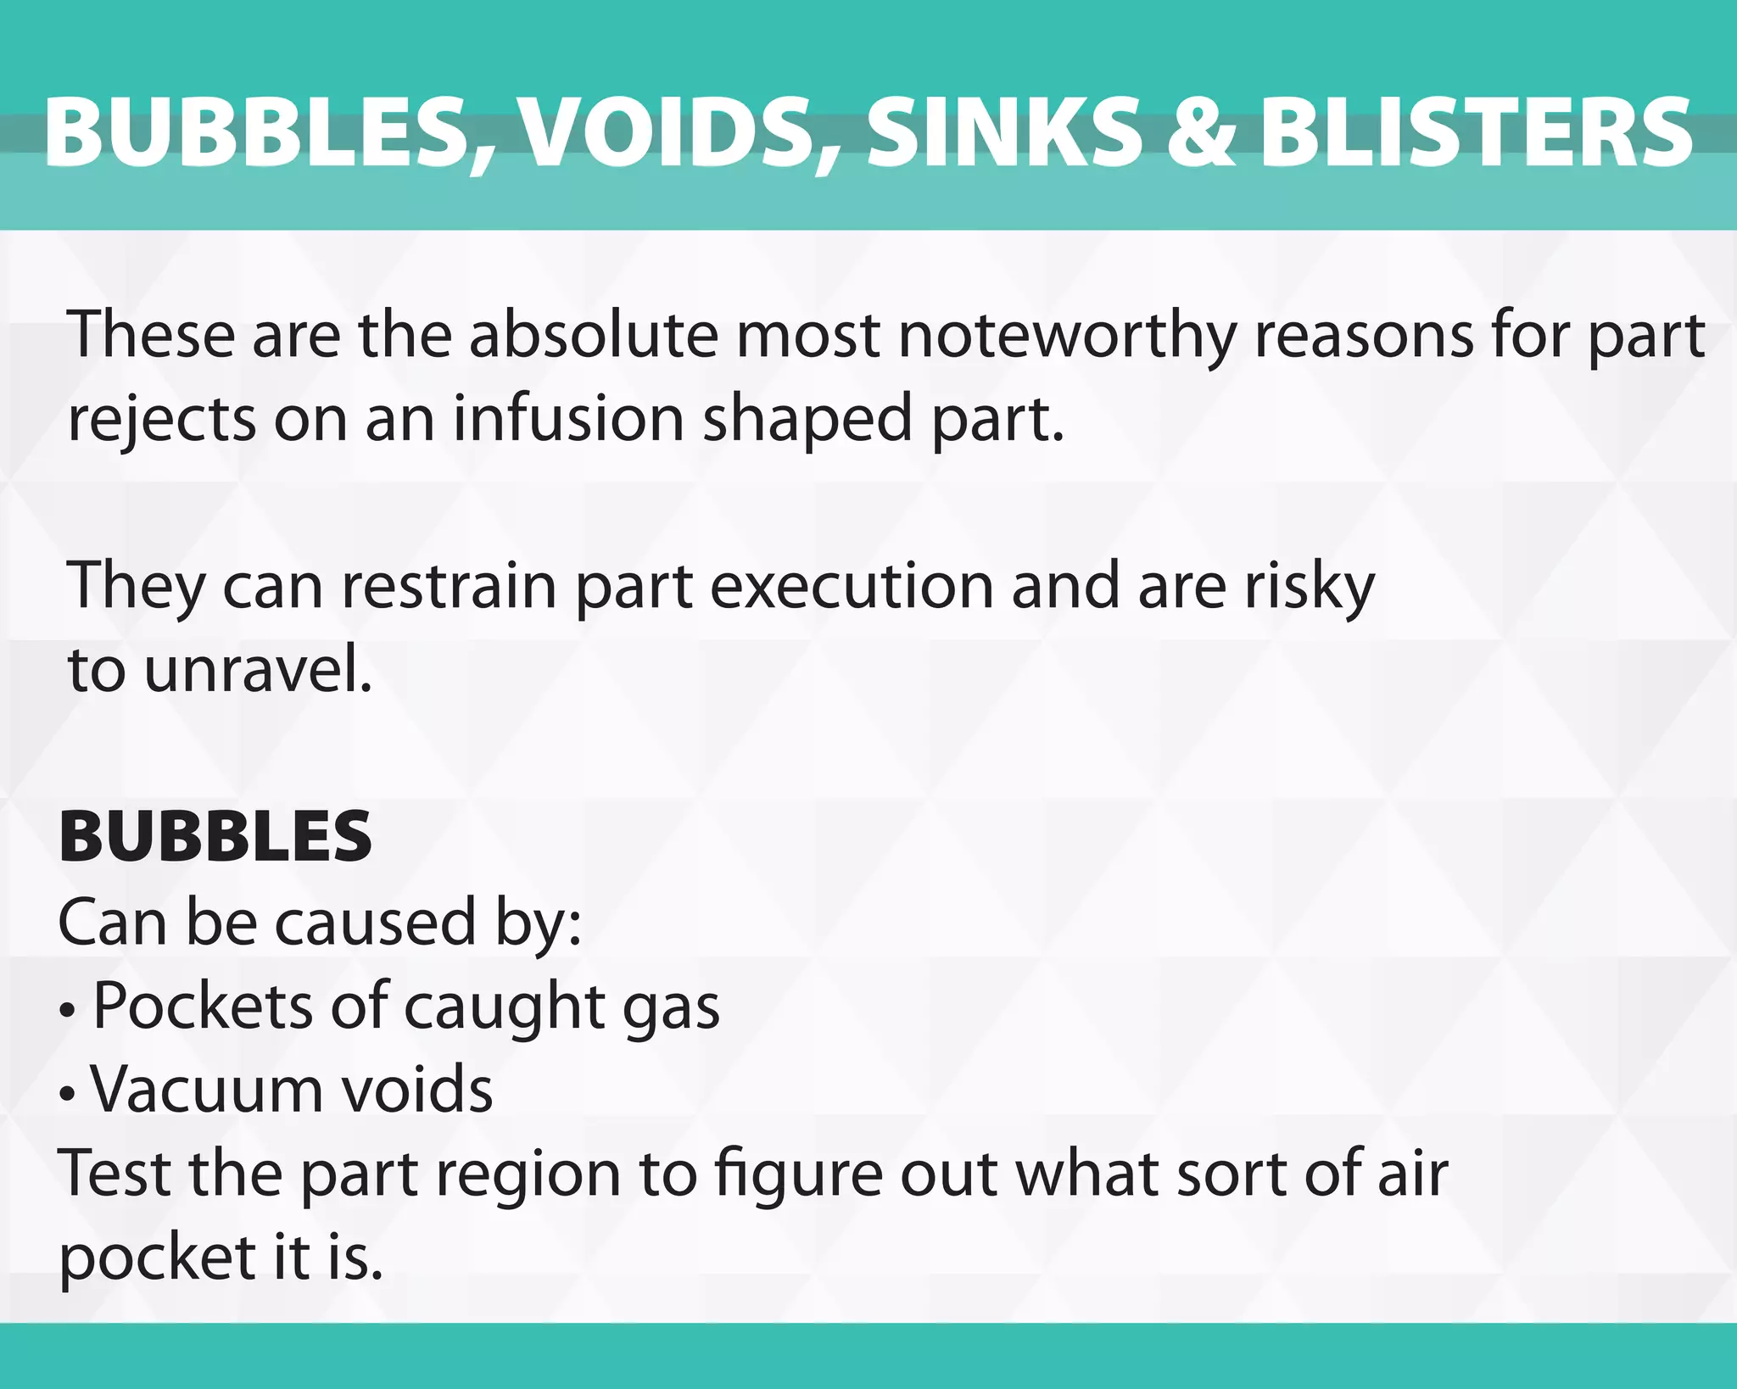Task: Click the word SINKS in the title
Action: click(x=1004, y=133)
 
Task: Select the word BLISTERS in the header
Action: click(x=1477, y=133)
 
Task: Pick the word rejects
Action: click(x=161, y=419)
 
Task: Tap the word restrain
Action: click(x=449, y=586)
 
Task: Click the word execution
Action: click(x=852, y=586)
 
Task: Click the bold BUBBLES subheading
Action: click(x=215, y=836)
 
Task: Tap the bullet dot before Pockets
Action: click(x=68, y=1011)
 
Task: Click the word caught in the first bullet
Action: click(x=505, y=1007)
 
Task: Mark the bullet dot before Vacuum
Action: click(x=68, y=1094)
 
